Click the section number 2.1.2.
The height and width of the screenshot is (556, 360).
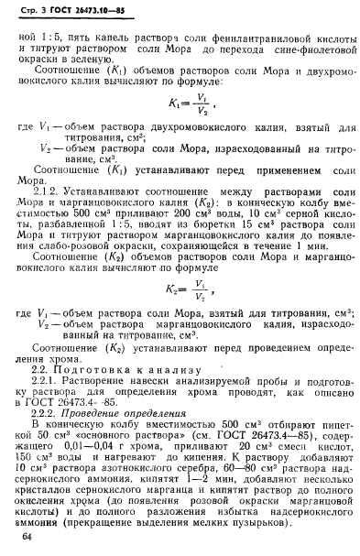(65, 191)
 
